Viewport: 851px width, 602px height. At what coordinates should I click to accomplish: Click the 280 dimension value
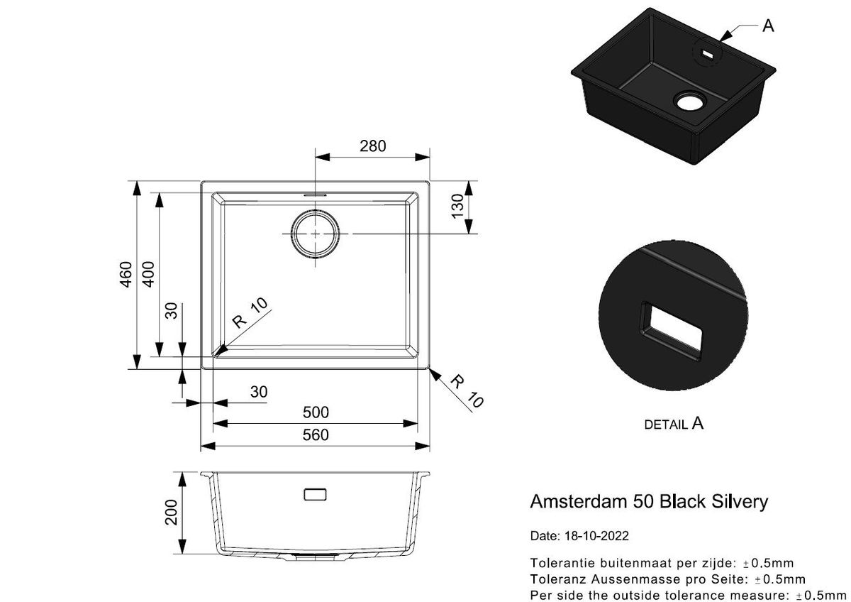click(x=372, y=146)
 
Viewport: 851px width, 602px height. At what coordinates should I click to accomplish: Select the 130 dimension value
click(x=457, y=207)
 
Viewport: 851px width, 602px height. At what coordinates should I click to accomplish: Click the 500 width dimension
click(x=316, y=412)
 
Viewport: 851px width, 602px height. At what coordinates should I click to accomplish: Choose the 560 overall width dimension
click(x=316, y=435)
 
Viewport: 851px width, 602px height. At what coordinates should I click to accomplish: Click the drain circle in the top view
click(x=314, y=234)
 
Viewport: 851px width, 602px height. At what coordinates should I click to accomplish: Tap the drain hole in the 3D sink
click(x=689, y=101)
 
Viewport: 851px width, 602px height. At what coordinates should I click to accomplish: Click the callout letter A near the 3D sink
click(x=768, y=26)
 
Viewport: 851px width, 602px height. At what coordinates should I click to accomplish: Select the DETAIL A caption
click(x=673, y=424)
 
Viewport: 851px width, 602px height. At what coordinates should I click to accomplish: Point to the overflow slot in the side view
click(x=314, y=494)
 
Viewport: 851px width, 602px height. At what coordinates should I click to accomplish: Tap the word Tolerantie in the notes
click(x=560, y=564)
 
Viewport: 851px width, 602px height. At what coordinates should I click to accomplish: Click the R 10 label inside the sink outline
click(x=252, y=312)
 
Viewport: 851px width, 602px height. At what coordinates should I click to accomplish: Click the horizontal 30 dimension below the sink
click(x=259, y=391)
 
